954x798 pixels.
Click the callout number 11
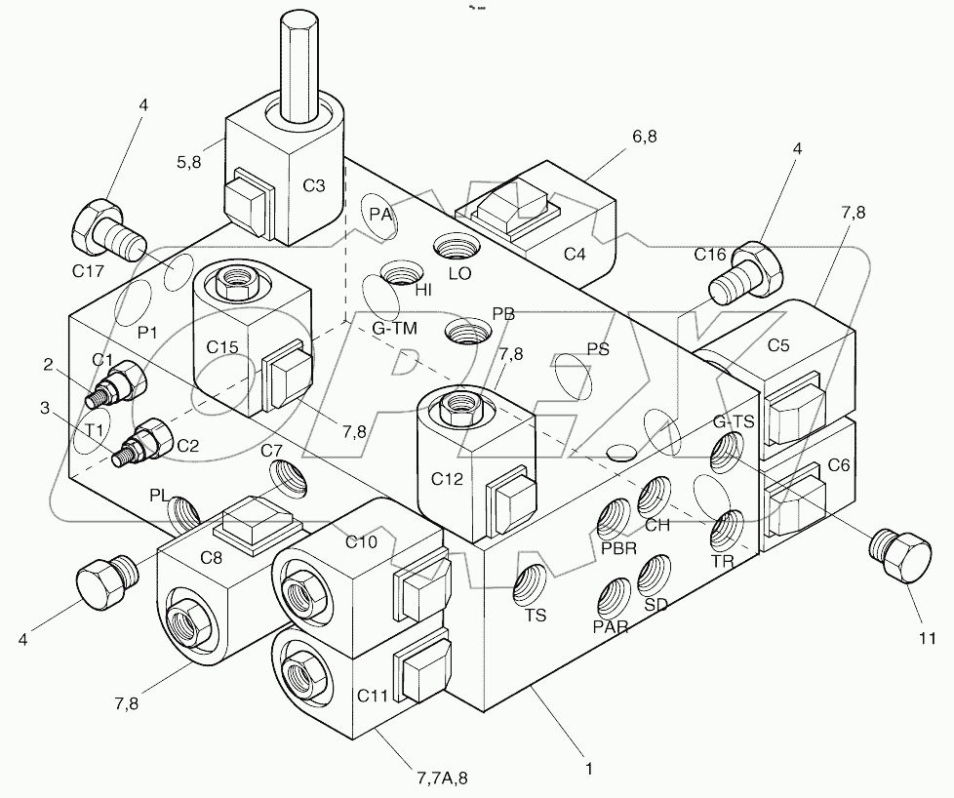(x=926, y=639)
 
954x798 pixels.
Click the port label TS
(x=535, y=616)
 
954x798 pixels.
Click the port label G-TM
(x=394, y=329)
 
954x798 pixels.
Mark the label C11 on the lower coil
(x=373, y=696)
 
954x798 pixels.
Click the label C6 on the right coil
(x=837, y=466)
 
